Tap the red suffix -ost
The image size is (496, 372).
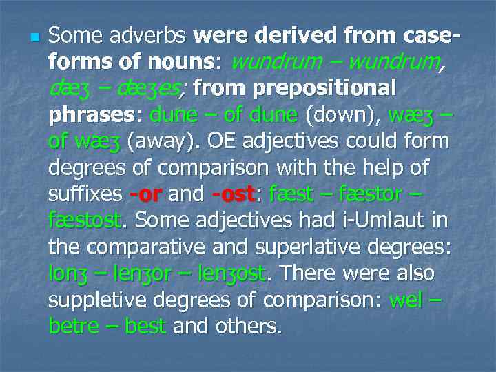tap(234, 195)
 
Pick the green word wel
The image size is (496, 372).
tap(407, 300)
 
